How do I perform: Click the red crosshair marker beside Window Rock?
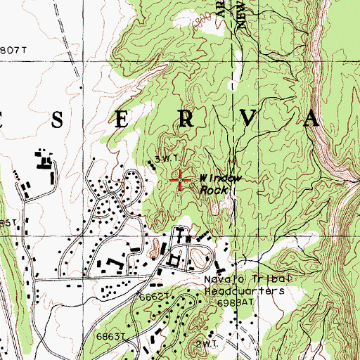pyautogui.click(x=181, y=181)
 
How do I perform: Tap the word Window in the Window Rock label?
pyautogui.click(x=219, y=179)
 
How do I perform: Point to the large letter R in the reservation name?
pyautogui.click(x=186, y=120)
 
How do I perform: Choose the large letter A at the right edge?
pyautogui.click(x=310, y=120)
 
